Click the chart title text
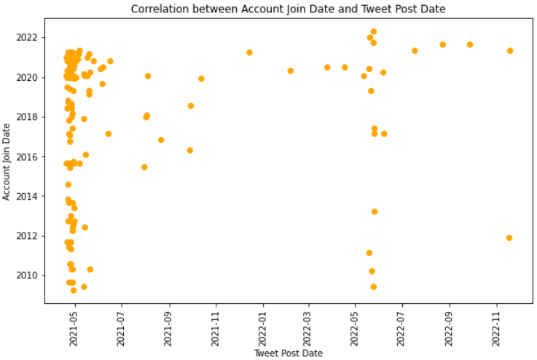point(288,9)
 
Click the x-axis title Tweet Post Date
point(288,353)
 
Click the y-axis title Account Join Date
point(7,162)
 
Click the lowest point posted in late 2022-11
point(509,238)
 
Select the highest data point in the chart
point(374,32)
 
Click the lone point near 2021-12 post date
point(249,52)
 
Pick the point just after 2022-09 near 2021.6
point(470,44)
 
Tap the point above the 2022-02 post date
point(290,71)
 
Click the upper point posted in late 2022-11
point(510,50)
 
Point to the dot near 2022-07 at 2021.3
point(415,50)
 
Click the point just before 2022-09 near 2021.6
point(442,44)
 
